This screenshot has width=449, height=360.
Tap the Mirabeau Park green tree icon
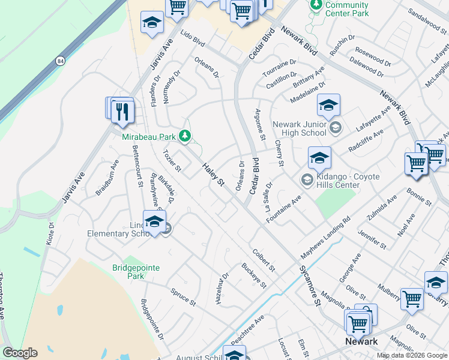click(185, 137)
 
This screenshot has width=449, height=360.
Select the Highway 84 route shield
click(60, 61)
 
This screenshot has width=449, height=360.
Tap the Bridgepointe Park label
click(136, 272)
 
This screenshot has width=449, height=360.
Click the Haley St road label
click(212, 175)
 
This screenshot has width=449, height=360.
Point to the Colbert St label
click(264, 259)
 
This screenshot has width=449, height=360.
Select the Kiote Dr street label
click(51, 235)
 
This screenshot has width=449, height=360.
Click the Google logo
click(20, 353)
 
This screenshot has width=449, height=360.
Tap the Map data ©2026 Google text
click(411, 356)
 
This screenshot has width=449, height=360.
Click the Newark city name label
click(361, 341)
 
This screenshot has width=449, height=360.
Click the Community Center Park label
click(346, 9)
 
